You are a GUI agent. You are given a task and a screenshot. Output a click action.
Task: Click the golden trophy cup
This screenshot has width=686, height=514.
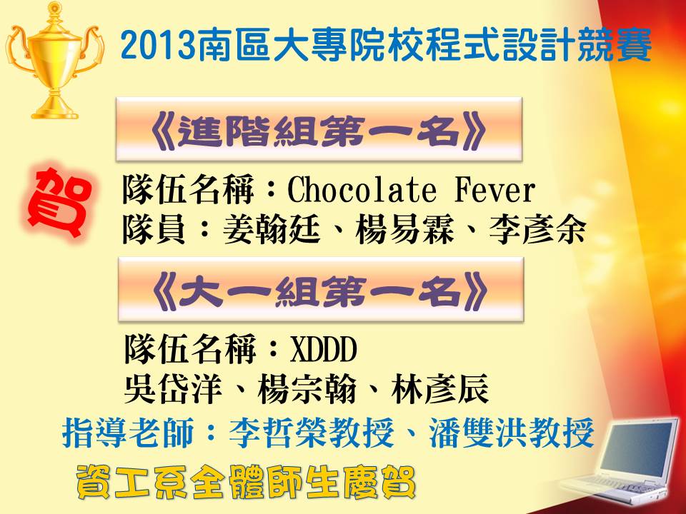point(55,61)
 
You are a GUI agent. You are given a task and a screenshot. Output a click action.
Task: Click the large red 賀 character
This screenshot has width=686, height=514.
point(59,202)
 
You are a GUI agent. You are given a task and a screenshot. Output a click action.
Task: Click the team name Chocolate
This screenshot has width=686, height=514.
point(362,190)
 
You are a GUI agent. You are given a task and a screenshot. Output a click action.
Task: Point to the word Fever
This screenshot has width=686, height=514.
point(494,190)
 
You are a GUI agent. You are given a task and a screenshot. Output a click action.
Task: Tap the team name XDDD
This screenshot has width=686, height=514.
point(323,350)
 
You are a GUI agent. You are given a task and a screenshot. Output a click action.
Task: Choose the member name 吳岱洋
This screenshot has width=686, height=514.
point(173,389)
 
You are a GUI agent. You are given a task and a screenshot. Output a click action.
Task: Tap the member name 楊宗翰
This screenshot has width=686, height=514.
point(307,389)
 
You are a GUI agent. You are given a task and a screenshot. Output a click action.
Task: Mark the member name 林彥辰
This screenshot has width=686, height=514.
point(439,389)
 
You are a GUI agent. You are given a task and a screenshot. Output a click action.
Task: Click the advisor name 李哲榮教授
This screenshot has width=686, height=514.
point(312,433)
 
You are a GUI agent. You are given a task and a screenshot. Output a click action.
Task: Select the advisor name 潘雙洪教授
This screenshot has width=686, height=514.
point(511,433)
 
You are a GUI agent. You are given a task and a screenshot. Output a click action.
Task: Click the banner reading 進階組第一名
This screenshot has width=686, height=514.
point(319,129)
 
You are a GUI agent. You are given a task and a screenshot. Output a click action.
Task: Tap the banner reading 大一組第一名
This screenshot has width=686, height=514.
point(321,290)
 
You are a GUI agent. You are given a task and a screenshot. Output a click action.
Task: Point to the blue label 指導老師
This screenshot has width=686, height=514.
point(128,433)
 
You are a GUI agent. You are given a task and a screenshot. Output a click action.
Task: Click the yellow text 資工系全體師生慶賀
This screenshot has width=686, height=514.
point(246,482)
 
